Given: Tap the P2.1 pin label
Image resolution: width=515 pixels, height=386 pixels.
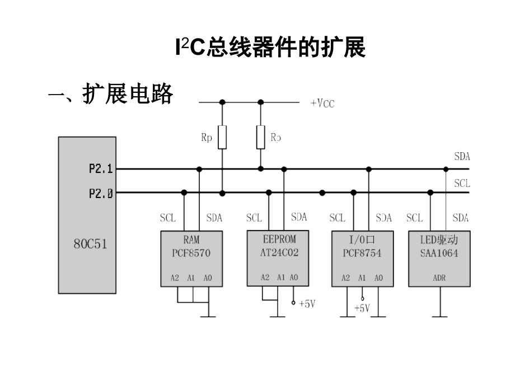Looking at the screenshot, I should pyautogui.click(x=101, y=168).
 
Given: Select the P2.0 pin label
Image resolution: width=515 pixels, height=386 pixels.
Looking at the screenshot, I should pyautogui.click(x=101, y=194).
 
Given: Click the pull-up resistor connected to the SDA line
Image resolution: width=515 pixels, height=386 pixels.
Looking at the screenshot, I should pyautogui.click(x=260, y=137).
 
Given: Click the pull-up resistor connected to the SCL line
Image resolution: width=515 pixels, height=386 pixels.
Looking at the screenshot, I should pyautogui.click(x=222, y=137).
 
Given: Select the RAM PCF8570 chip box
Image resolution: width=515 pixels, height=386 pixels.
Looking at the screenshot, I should pyautogui.click(x=191, y=258).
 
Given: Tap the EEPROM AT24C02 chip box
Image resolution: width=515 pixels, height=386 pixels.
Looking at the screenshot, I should pyautogui.click(x=278, y=258).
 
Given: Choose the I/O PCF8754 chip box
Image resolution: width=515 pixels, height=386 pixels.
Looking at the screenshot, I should pyautogui.click(x=362, y=258).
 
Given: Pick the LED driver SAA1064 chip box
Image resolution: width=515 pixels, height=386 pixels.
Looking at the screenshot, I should pyautogui.click(x=439, y=258).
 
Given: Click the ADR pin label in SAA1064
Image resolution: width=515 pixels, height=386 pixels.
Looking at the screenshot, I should pyautogui.click(x=439, y=277).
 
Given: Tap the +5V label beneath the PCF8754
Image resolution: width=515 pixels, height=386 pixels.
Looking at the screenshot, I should pyautogui.click(x=362, y=308).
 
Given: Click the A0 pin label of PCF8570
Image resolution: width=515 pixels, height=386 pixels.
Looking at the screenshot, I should pyautogui.click(x=208, y=277).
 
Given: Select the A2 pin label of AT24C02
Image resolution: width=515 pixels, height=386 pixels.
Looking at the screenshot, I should pyautogui.click(x=265, y=277).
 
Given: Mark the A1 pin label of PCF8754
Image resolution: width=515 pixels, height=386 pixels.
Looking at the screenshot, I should pyautogui.click(x=362, y=277).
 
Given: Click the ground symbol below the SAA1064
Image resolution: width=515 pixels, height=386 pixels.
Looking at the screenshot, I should pyautogui.click(x=440, y=316).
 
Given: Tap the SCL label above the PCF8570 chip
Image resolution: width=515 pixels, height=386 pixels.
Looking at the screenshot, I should pyautogui.click(x=167, y=218).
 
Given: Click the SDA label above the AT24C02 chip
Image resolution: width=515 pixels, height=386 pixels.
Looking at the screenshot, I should pyautogui.click(x=299, y=217).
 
